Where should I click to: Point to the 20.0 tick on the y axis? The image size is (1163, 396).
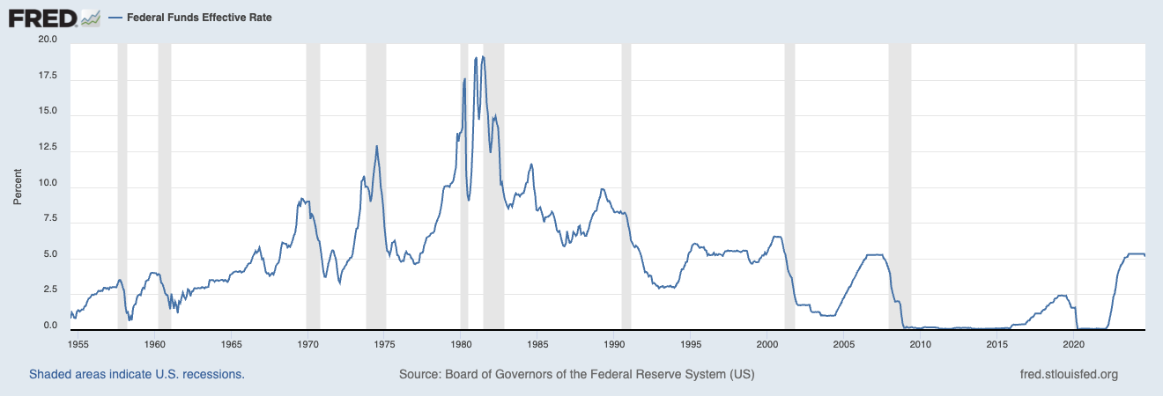[47, 40]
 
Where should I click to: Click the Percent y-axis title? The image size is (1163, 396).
[18, 185]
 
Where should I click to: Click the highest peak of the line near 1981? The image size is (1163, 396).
[483, 57]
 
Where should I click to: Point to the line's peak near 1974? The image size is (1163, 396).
[377, 146]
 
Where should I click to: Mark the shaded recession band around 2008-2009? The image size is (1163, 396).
[900, 185]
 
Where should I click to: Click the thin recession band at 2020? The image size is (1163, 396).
[1076, 185]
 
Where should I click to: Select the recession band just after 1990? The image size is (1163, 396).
[626, 185]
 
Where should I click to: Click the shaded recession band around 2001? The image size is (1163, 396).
[789, 185]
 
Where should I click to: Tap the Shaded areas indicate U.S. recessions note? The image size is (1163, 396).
[137, 374]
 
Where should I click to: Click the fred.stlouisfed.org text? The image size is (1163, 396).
[1068, 374]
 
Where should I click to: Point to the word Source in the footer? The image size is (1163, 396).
[419, 374]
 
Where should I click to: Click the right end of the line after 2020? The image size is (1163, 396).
[1144, 255]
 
